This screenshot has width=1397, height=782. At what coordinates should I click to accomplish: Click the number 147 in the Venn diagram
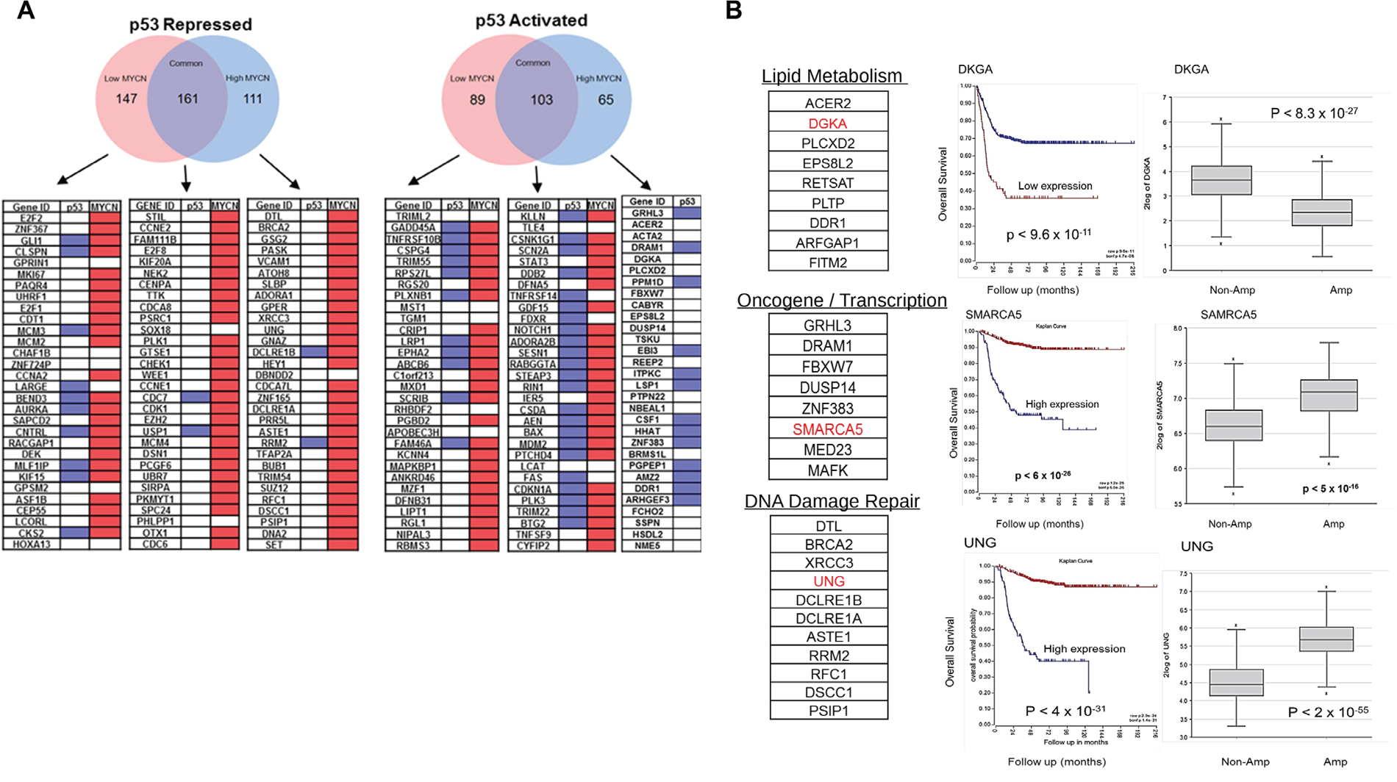tap(126, 98)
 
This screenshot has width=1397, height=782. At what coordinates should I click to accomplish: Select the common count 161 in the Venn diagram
tap(187, 98)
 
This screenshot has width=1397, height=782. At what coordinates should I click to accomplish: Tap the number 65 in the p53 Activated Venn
tap(605, 99)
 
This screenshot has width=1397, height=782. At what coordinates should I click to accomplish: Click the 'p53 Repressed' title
tap(190, 24)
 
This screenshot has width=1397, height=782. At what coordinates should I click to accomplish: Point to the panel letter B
tap(734, 10)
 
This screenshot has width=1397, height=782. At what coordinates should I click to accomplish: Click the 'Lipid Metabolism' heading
tap(832, 76)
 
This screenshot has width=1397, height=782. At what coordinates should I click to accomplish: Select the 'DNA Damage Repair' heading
tap(832, 501)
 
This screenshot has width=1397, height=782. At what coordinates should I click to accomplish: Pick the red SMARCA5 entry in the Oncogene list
tap(828, 429)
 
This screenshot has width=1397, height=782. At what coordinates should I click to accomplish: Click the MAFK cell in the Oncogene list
tap(828, 470)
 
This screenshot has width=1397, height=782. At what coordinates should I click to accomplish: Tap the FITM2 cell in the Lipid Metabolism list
tap(828, 262)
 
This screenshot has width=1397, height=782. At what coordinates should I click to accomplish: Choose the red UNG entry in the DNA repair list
tap(829, 581)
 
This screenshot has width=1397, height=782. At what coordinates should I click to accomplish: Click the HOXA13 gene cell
tap(32, 545)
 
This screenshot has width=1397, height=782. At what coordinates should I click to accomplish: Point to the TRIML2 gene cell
tap(412, 217)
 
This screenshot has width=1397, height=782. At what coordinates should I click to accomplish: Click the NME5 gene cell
tap(647, 546)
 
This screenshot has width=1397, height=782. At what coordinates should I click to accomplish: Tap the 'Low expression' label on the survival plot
tap(1055, 186)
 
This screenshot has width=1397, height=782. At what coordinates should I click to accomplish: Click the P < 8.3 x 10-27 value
tap(1314, 113)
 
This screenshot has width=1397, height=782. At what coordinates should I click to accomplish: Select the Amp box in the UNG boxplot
tap(1326, 639)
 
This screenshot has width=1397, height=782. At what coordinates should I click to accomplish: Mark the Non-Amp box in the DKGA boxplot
tap(1221, 180)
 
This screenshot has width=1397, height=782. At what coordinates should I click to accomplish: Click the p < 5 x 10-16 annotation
tap(1330, 488)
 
